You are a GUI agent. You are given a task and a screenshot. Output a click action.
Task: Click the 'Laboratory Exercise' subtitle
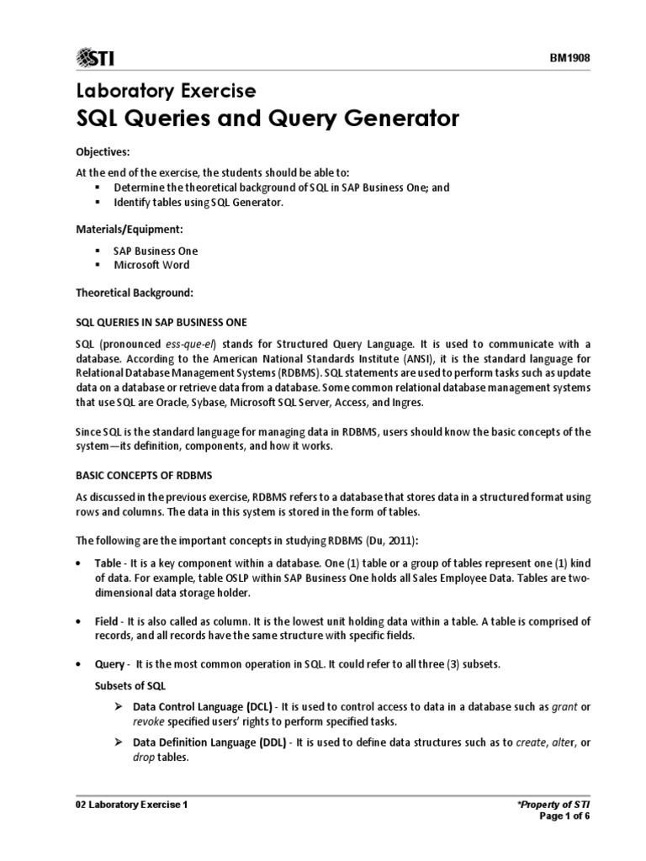[166, 90]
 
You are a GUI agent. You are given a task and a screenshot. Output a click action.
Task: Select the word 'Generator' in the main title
[405, 119]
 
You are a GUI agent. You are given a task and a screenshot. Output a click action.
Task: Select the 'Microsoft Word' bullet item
[151, 265]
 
